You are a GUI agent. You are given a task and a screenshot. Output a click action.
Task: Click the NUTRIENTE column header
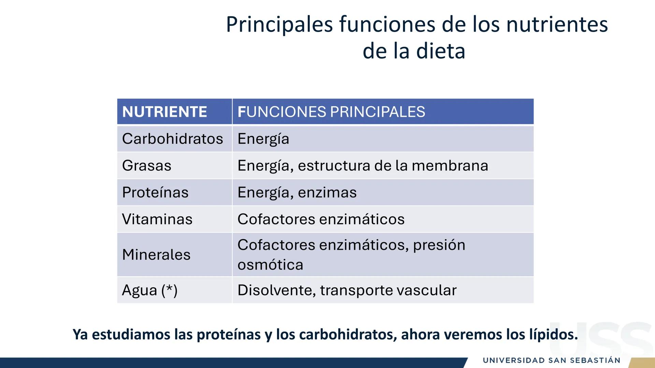tap(164, 112)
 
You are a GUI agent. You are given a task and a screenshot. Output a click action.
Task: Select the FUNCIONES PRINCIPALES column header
tap(331, 112)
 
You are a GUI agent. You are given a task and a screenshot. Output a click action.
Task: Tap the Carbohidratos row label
tap(172, 139)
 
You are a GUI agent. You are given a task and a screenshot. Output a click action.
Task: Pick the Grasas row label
tap(147, 166)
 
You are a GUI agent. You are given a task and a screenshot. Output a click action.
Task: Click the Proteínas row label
tap(155, 193)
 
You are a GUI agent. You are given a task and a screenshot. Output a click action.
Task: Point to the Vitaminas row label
tap(157, 219)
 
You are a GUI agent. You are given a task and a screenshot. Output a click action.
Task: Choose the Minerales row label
tap(156, 255)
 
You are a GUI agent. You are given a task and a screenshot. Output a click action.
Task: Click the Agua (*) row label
tap(150, 290)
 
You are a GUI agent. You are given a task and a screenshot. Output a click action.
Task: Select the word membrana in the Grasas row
tap(450, 166)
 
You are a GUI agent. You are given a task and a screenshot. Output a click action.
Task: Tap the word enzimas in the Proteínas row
tap(327, 193)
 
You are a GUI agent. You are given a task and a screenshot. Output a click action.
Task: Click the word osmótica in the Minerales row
tap(270, 265)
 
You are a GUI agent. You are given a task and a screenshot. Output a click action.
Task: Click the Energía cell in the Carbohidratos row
tap(263, 139)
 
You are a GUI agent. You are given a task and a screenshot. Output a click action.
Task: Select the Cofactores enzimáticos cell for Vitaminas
tap(321, 219)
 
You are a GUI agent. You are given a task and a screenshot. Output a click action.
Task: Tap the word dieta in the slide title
tap(441, 51)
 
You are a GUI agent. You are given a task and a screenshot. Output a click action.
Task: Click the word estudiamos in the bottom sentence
tap(131, 335)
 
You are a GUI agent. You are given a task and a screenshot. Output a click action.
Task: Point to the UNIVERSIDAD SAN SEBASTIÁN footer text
tap(551, 360)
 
